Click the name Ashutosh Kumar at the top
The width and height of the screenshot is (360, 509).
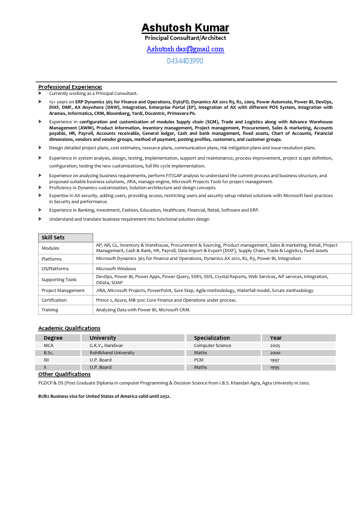pos(185,28)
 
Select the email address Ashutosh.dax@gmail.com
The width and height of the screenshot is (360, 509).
pos(185,49)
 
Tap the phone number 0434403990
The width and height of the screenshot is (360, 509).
pos(185,61)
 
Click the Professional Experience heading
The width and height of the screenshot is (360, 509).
pos(70,87)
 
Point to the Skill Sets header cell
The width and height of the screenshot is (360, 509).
pos(53,238)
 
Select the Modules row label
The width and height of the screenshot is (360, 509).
pos(50,248)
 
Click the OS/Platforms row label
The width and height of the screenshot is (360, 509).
pos(55,268)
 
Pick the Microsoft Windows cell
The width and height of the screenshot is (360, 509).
pos(116,268)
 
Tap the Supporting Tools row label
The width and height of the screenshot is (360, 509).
pos(59,279)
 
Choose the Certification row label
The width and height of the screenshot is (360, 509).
pos(54,300)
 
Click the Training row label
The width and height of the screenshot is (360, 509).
pos(50,310)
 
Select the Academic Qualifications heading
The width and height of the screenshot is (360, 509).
pos(69,328)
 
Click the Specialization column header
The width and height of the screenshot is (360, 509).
pos(212,338)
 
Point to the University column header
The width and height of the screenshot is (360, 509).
pos(103,338)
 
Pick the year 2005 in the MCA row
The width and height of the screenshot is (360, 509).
pos(275,345)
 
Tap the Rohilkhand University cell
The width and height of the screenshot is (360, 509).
pos(112,352)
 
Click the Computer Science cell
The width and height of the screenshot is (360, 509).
pos(212,345)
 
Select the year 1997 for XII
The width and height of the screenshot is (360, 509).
pos(275,360)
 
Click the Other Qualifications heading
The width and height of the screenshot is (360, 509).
pos(64,374)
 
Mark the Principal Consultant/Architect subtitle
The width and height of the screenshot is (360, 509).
pos(185,38)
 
